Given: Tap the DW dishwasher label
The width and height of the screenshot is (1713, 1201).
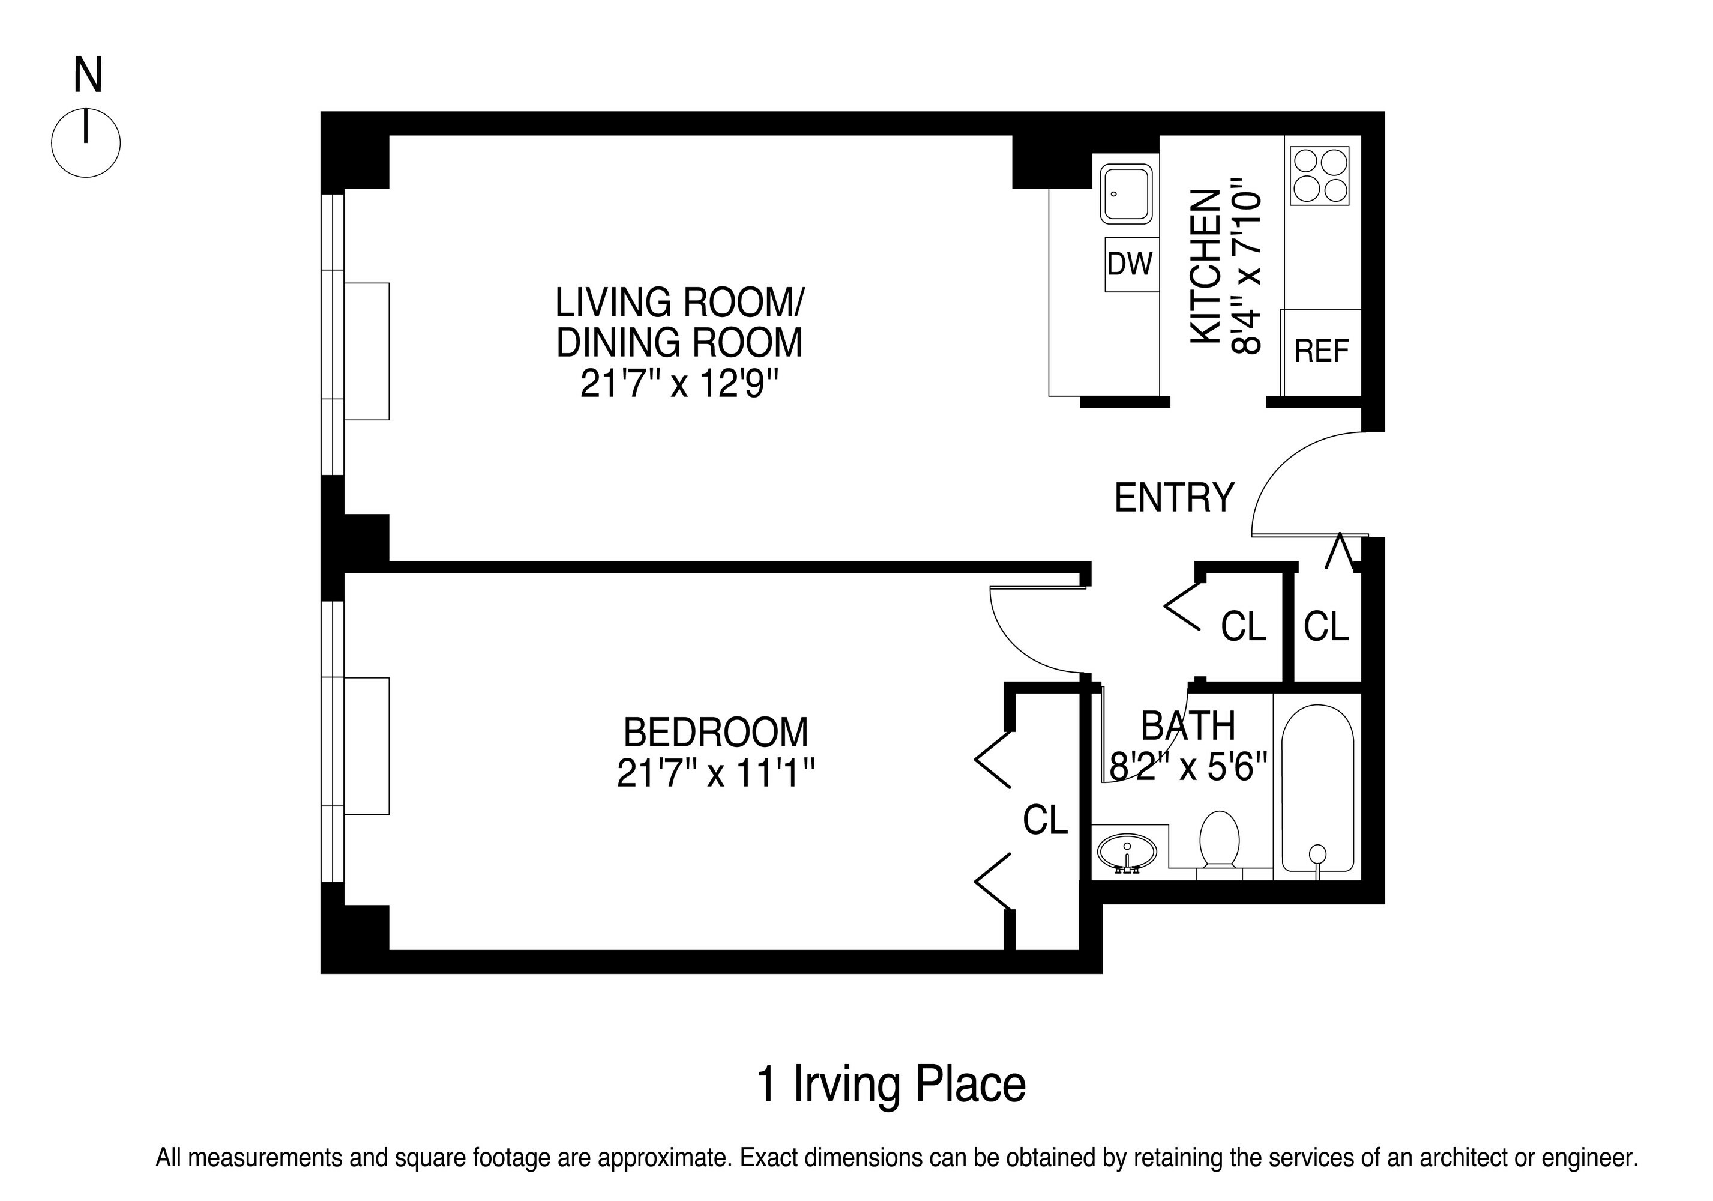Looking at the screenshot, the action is click(x=1130, y=264).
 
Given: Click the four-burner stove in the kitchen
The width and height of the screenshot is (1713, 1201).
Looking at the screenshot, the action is click(x=1320, y=175).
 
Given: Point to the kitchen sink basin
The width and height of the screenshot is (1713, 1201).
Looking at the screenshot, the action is click(x=1127, y=194).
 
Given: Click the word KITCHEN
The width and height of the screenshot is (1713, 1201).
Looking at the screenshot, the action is click(x=1205, y=267).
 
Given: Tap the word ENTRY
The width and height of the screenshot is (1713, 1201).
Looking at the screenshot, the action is click(x=1175, y=498).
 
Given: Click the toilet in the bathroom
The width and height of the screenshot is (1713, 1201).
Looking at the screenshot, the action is click(x=1219, y=841).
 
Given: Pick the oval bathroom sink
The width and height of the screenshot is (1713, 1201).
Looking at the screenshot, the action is click(x=1127, y=852).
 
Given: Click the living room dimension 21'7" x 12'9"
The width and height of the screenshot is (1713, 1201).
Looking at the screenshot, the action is click(x=679, y=384).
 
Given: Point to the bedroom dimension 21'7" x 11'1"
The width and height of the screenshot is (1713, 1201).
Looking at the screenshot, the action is click(x=715, y=773).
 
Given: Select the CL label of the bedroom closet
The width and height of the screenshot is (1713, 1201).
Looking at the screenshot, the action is click(x=1044, y=820).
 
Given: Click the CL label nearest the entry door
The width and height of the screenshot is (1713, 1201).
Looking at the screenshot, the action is click(x=1326, y=627).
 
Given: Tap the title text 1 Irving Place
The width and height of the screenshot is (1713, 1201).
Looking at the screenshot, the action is click(x=891, y=1085).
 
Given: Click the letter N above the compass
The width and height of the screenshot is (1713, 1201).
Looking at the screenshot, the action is click(x=88, y=76).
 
